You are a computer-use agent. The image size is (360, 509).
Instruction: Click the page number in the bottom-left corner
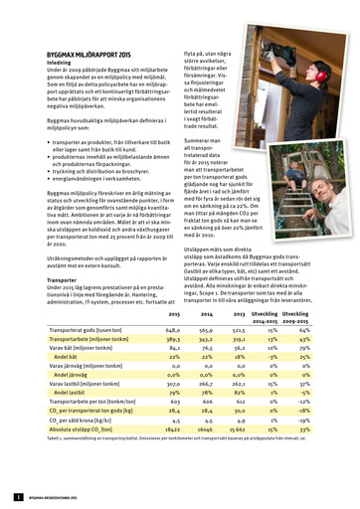pyautogui.click(x=18, y=495)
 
